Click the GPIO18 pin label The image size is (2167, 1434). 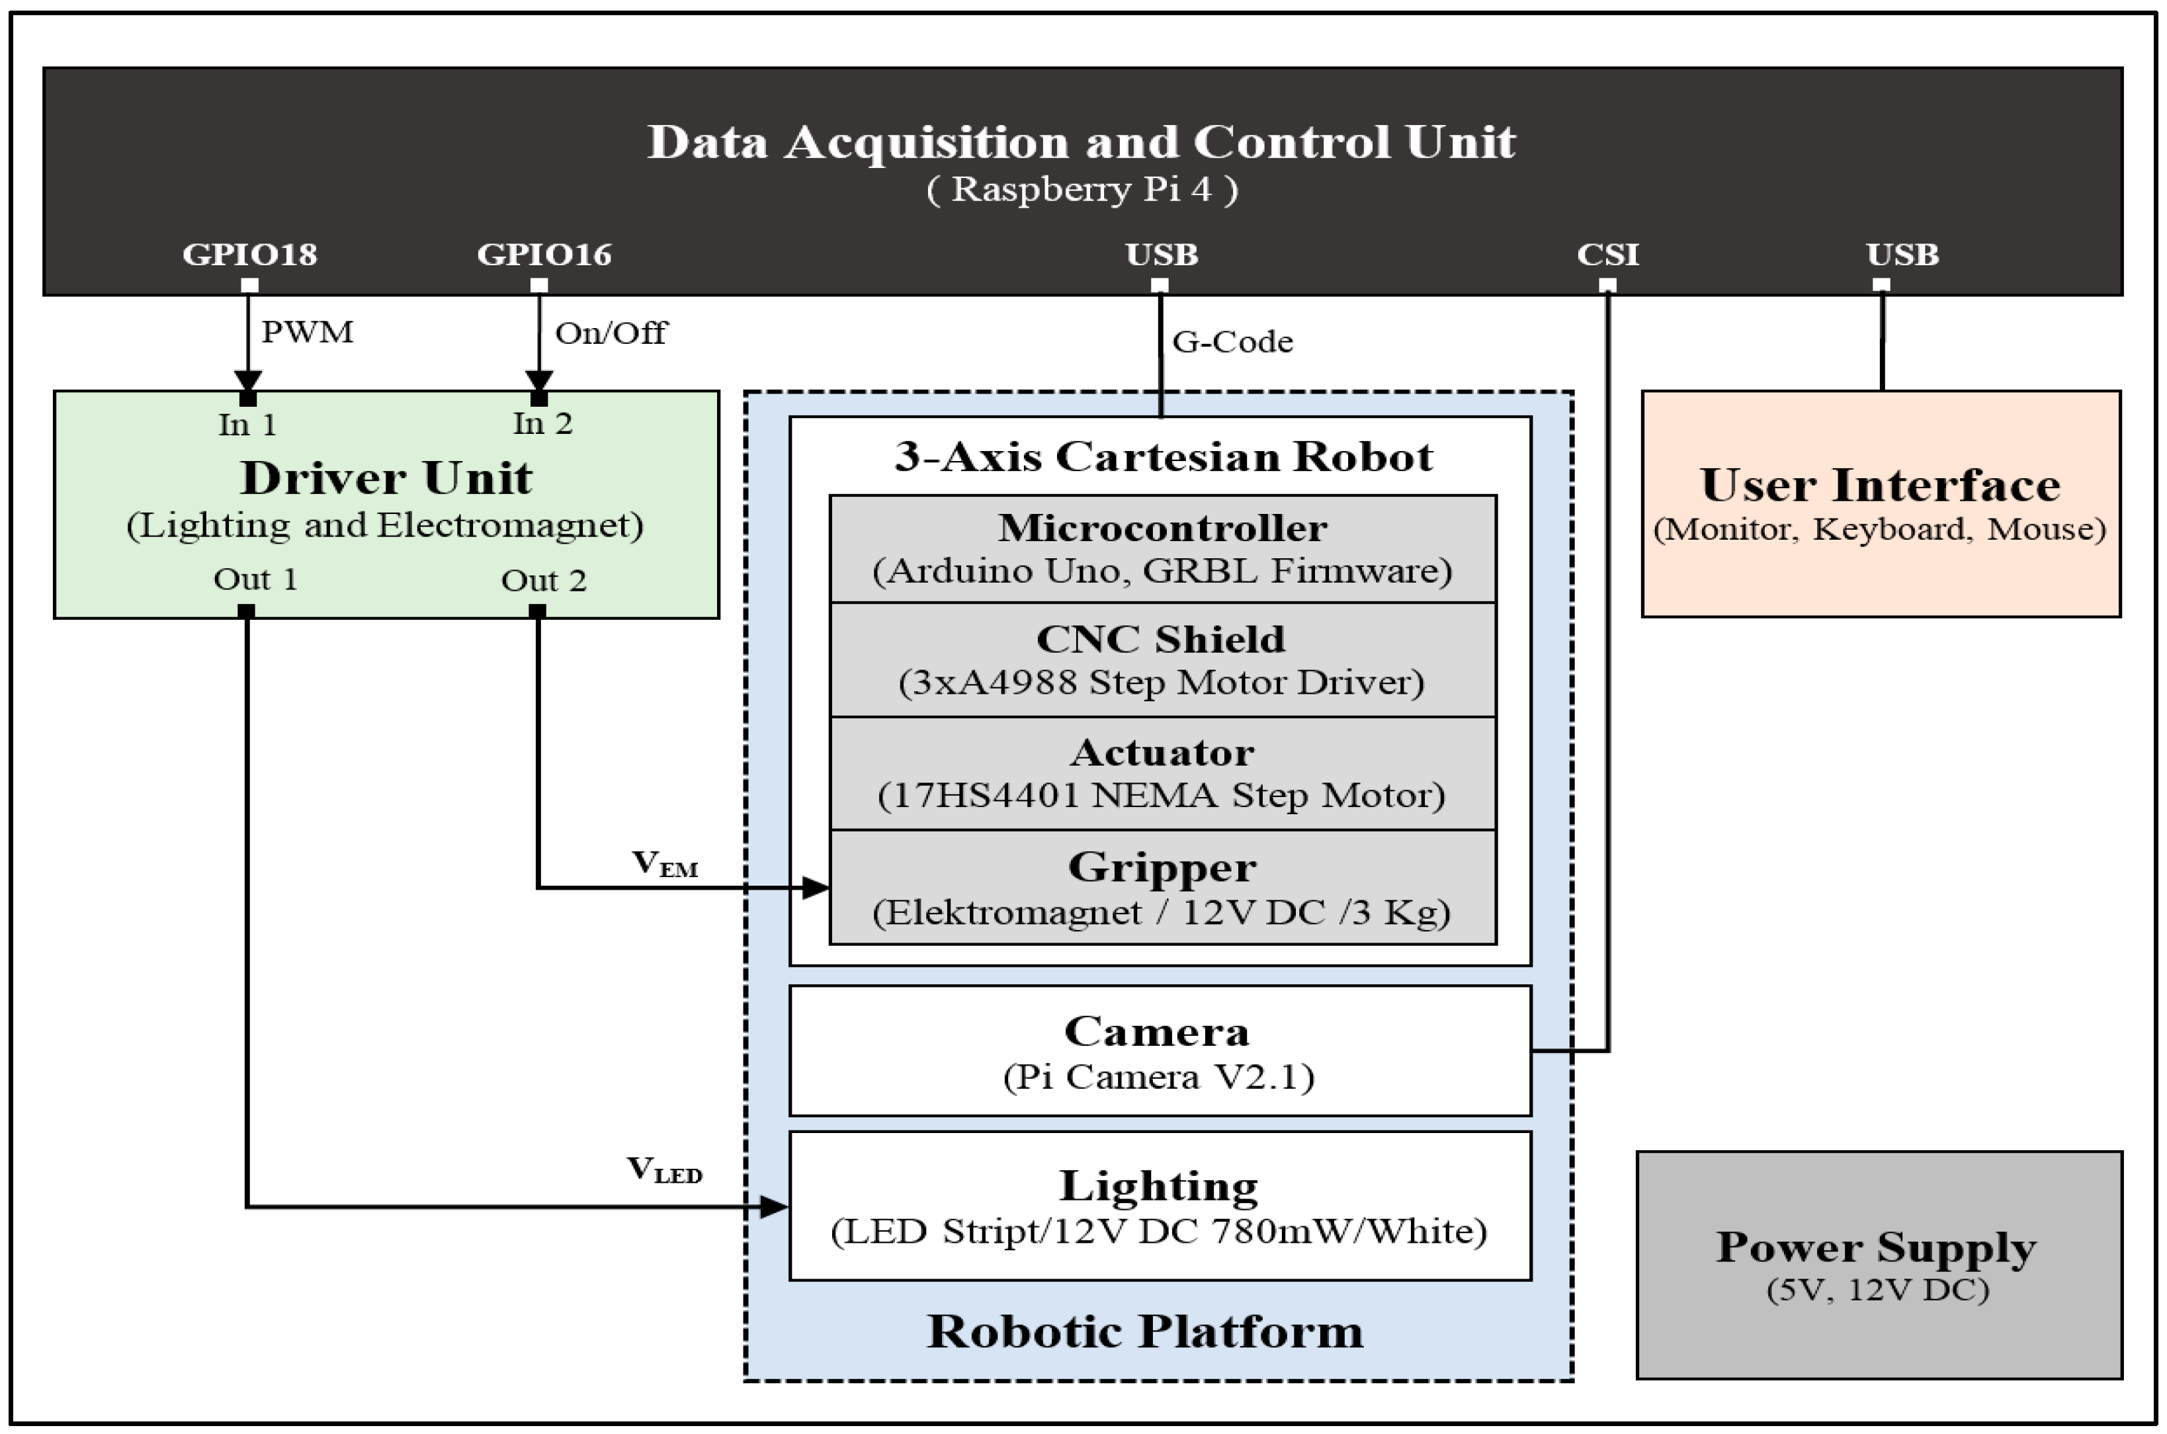coord(249,254)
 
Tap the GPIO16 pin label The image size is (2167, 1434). coord(544,254)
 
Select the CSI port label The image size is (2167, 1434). coord(1607,254)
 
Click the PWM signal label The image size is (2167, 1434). coord(307,332)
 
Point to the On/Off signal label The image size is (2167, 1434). coord(611,333)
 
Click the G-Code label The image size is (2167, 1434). coord(1232,342)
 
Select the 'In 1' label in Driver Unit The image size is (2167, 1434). coord(247,425)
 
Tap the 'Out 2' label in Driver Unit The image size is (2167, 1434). coord(543,581)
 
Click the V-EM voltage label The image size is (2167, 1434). coord(665,863)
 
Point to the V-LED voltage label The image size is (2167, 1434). coord(664,1169)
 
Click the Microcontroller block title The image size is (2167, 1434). coord(1162,528)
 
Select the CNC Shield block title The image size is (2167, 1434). coord(1161,639)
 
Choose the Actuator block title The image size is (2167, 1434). coord(1162,753)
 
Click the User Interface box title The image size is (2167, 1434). coord(1880,485)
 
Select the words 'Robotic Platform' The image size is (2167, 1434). coord(1145,1331)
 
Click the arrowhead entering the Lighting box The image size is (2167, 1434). coord(775,1207)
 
